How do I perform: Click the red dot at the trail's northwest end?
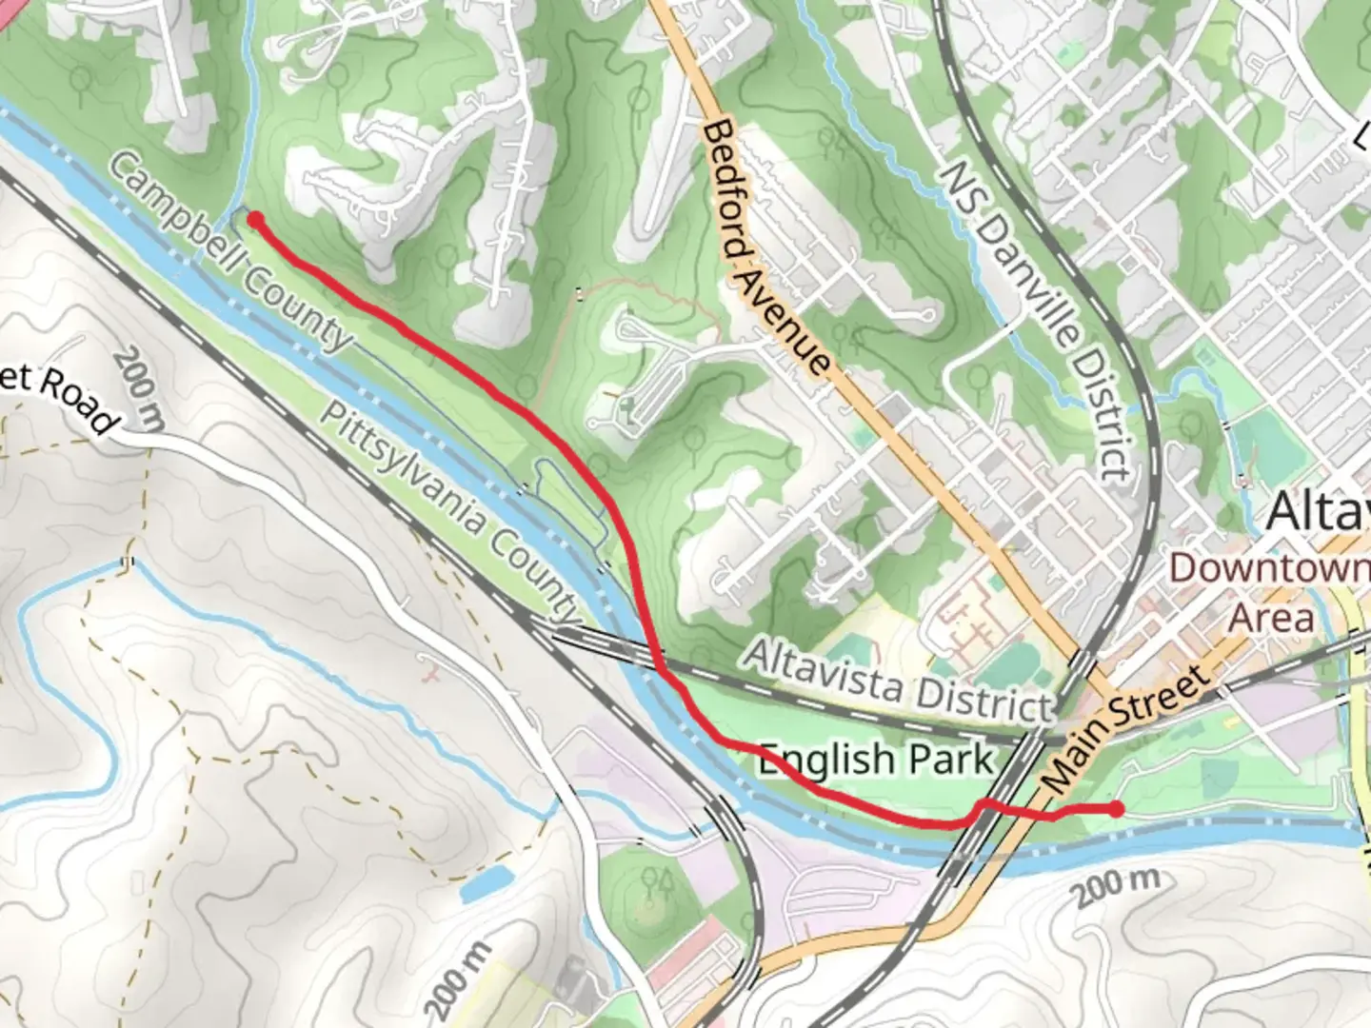(x=255, y=220)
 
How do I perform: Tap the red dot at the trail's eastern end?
(x=1116, y=809)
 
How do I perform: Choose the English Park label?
(x=875, y=760)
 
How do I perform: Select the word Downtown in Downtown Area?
(x=1269, y=568)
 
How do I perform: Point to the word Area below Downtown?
(x=1270, y=617)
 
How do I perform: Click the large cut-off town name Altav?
(x=1318, y=511)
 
